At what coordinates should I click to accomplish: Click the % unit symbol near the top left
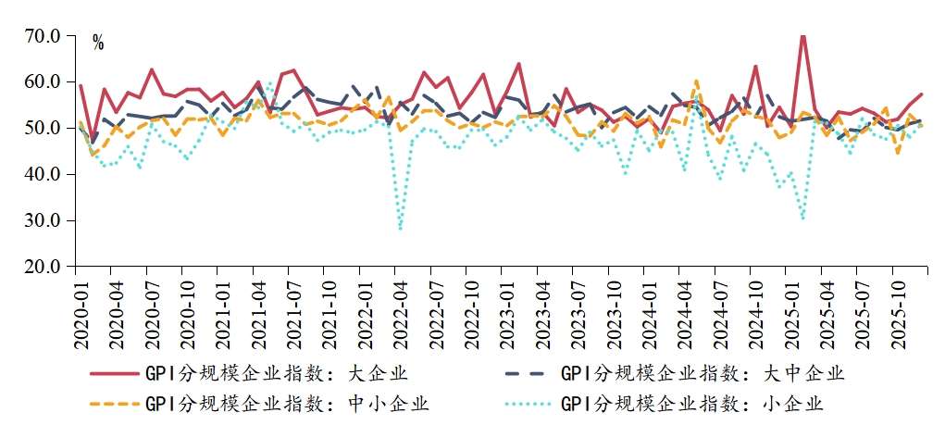[x=98, y=44]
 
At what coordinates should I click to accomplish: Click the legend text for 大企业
[x=276, y=374]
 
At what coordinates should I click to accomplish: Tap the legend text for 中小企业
[x=286, y=404]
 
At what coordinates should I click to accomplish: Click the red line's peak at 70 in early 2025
[x=802, y=36]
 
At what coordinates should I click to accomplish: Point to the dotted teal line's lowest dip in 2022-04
[x=401, y=228]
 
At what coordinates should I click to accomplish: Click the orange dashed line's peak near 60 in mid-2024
[x=696, y=81]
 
